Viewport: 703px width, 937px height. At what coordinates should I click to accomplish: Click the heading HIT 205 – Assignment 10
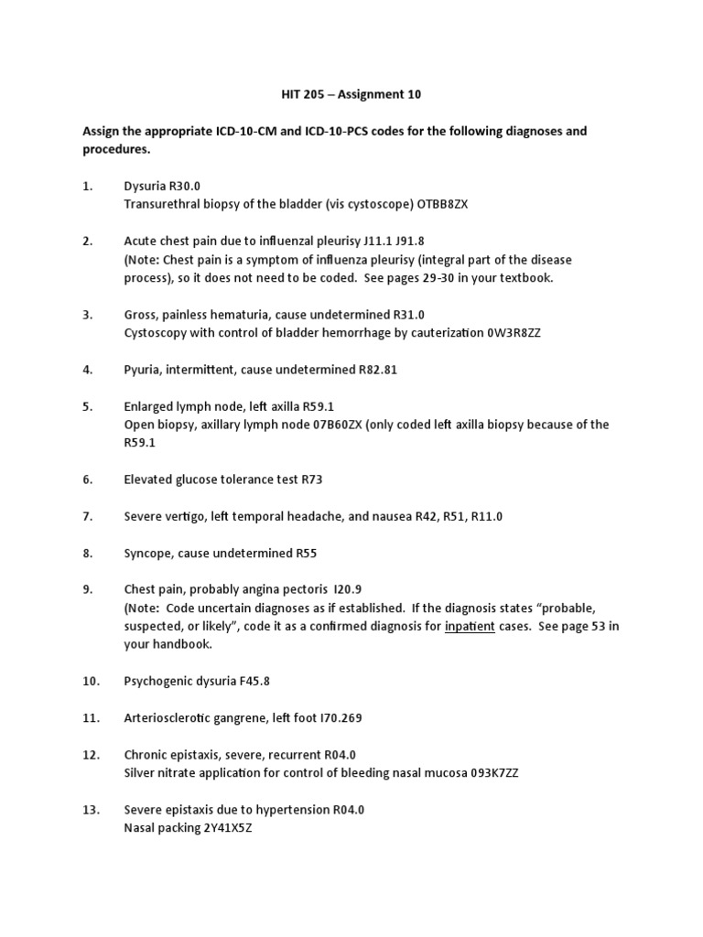351,93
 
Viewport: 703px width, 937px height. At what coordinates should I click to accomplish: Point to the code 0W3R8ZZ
514,332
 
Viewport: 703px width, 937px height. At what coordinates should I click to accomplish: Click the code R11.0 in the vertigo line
485,517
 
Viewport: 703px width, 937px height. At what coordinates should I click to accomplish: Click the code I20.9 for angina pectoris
332,590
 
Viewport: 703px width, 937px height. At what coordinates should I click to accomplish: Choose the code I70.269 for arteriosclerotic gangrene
337,718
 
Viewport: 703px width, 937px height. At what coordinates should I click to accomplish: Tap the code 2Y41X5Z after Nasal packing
221,828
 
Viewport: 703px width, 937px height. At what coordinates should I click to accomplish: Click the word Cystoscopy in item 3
156,332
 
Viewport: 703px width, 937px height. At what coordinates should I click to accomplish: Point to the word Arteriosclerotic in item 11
168,718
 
